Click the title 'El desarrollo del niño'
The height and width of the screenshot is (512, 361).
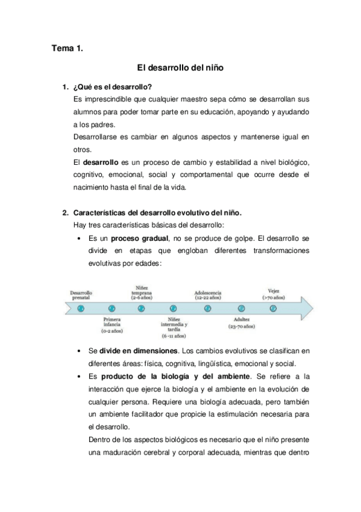180,69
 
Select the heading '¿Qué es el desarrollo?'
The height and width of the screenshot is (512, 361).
112,88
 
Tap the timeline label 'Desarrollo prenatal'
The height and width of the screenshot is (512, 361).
81,294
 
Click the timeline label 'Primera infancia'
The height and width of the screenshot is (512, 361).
113,322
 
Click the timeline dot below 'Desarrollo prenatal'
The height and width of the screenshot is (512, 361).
80,308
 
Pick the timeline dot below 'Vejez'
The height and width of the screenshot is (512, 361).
273,308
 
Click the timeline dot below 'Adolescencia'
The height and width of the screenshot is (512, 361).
208,308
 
